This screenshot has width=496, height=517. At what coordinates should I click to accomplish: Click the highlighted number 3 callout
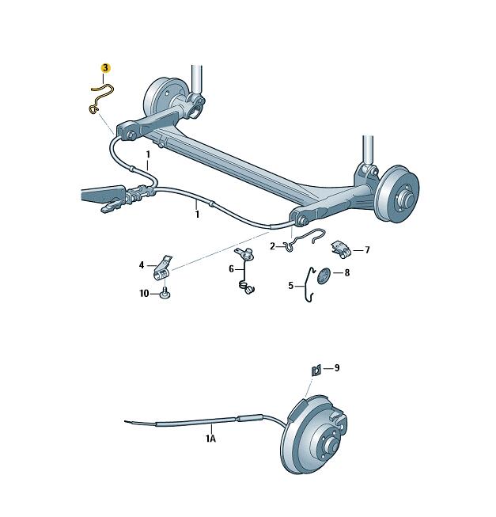click(x=105, y=68)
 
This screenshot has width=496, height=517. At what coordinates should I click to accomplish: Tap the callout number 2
click(x=272, y=246)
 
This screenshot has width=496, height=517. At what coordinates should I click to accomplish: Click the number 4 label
click(x=142, y=264)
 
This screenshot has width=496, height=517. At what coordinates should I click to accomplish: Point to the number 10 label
click(x=144, y=293)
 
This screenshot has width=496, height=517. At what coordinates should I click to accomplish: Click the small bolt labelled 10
click(x=165, y=293)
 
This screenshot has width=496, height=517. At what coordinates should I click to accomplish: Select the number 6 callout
click(x=231, y=269)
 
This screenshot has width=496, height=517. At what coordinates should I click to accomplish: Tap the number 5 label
click(x=291, y=286)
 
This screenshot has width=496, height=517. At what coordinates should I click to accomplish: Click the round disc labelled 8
click(x=324, y=276)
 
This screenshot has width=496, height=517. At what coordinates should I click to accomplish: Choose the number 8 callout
click(x=346, y=272)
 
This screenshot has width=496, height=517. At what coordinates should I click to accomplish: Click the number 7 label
click(x=367, y=250)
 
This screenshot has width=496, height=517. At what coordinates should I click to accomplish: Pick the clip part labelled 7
click(x=341, y=249)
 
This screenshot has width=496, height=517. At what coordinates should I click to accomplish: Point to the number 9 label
click(x=336, y=367)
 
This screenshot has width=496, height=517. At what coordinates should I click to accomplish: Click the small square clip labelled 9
click(x=316, y=371)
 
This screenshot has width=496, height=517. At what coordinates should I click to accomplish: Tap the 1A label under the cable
click(x=211, y=439)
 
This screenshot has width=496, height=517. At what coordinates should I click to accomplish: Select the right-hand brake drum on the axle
click(x=397, y=194)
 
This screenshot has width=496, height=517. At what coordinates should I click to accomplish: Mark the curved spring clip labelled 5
click(x=308, y=284)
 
